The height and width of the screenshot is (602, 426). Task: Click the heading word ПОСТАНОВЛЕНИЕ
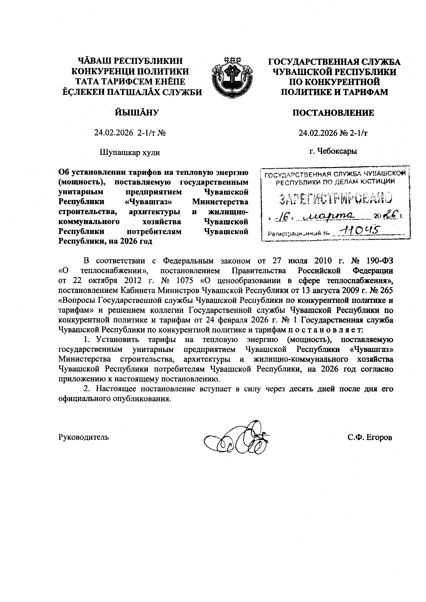333,113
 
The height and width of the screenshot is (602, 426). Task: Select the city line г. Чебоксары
333,151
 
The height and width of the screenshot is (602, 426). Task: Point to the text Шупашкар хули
130,153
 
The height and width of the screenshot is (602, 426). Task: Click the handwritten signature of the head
236,438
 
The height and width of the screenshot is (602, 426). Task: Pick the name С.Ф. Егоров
370,437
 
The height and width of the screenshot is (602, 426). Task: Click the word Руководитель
83,437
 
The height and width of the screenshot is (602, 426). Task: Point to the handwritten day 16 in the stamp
283,217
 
